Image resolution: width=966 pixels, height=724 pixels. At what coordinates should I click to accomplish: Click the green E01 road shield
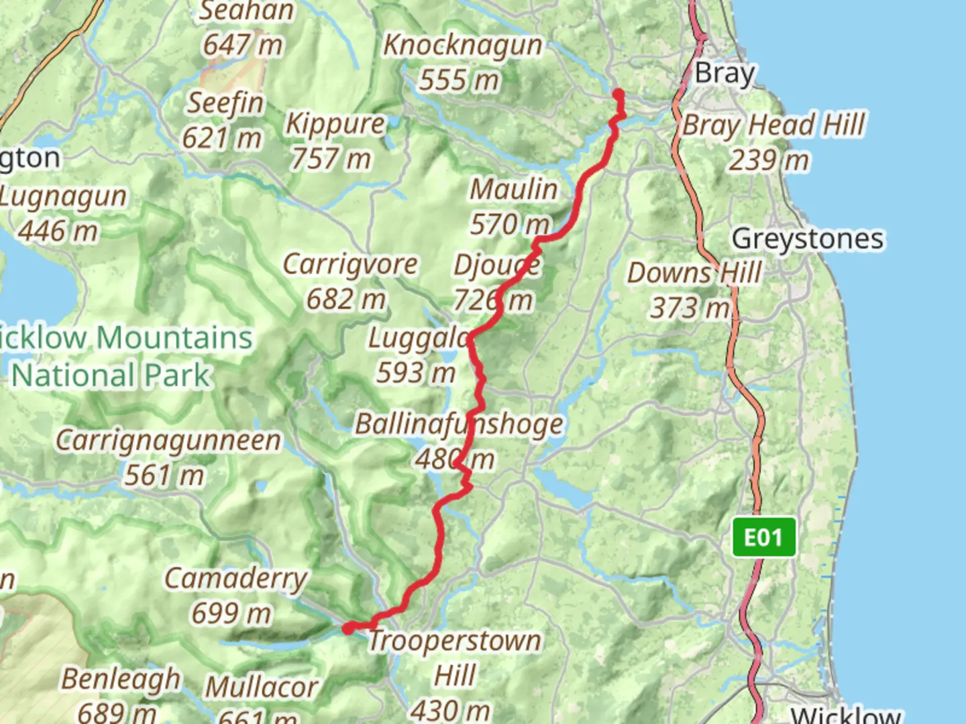[x=763, y=537]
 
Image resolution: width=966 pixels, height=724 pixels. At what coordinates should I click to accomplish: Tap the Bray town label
[x=724, y=73]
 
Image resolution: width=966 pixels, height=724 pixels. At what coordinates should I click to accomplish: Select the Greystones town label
[x=808, y=239]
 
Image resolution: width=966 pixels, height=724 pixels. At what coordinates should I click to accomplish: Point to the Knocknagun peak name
[x=463, y=46]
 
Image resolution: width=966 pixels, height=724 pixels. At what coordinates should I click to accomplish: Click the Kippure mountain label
[x=335, y=124]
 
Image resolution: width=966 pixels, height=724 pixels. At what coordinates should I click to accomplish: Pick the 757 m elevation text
[x=330, y=160]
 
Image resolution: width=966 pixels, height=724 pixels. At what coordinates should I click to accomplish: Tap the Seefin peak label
[x=225, y=103]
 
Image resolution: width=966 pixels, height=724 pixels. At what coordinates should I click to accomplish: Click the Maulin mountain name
[x=514, y=189]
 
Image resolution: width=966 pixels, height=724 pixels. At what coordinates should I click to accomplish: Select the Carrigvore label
[x=350, y=264]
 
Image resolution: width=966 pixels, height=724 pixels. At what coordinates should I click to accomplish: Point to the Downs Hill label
[x=694, y=274]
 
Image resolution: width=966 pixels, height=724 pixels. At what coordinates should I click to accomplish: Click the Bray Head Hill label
[x=774, y=125]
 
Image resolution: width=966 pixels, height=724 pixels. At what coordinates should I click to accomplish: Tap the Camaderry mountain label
[x=235, y=578]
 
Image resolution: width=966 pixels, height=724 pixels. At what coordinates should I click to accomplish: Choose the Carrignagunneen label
[x=168, y=440]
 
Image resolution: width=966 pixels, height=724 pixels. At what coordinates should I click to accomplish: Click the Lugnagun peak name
[x=63, y=196]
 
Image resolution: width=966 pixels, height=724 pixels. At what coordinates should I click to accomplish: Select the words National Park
[x=111, y=375]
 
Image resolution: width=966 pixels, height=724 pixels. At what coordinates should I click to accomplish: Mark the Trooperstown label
[x=455, y=641]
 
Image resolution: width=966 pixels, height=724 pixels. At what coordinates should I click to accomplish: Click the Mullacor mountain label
[x=262, y=687]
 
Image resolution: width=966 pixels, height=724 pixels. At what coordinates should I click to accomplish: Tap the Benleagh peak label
[x=121, y=678]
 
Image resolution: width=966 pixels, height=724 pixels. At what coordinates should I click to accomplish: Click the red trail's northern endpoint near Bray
[x=618, y=94]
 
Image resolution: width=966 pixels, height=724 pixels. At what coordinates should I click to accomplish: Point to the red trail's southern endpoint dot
[x=348, y=628]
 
